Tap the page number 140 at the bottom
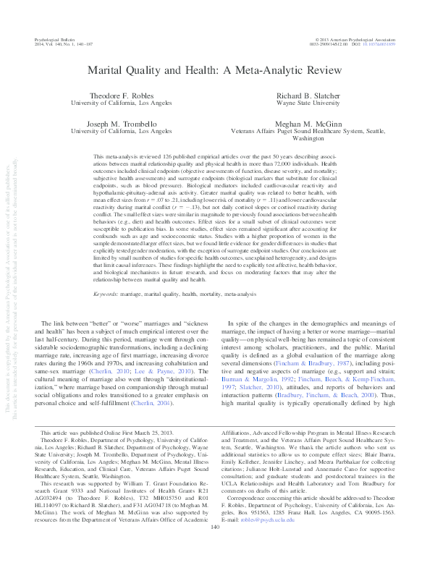(x=214, y=546)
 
